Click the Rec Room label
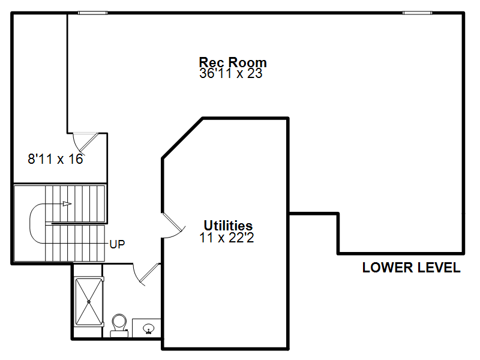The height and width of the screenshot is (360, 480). (x=233, y=62)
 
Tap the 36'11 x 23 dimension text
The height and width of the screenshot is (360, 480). (x=231, y=73)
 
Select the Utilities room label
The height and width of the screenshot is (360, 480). (x=228, y=226)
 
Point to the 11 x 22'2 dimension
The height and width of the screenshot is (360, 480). (x=227, y=238)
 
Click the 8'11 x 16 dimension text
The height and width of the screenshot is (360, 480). (x=55, y=159)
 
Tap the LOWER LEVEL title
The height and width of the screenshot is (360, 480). (x=412, y=268)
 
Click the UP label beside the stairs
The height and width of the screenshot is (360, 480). (x=117, y=244)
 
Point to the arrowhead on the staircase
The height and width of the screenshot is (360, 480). (x=67, y=204)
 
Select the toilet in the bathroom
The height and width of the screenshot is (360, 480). (x=119, y=325)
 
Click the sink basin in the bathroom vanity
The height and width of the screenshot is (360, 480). (x=149, y=329)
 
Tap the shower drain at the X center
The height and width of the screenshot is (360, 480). (x=89, y=302)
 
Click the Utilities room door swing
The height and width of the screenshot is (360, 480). (x=173, y=226)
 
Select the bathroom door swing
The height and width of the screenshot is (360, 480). (x=146, y=275)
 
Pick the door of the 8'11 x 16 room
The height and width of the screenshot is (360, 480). (x=85, y=143)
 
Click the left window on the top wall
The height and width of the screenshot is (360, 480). (x=92, y=13)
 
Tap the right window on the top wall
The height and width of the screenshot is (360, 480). (x=417, y=13)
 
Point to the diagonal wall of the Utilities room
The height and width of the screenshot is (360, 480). (x=182, y=138)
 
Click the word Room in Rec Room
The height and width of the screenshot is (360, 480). (x=248, y=62)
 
